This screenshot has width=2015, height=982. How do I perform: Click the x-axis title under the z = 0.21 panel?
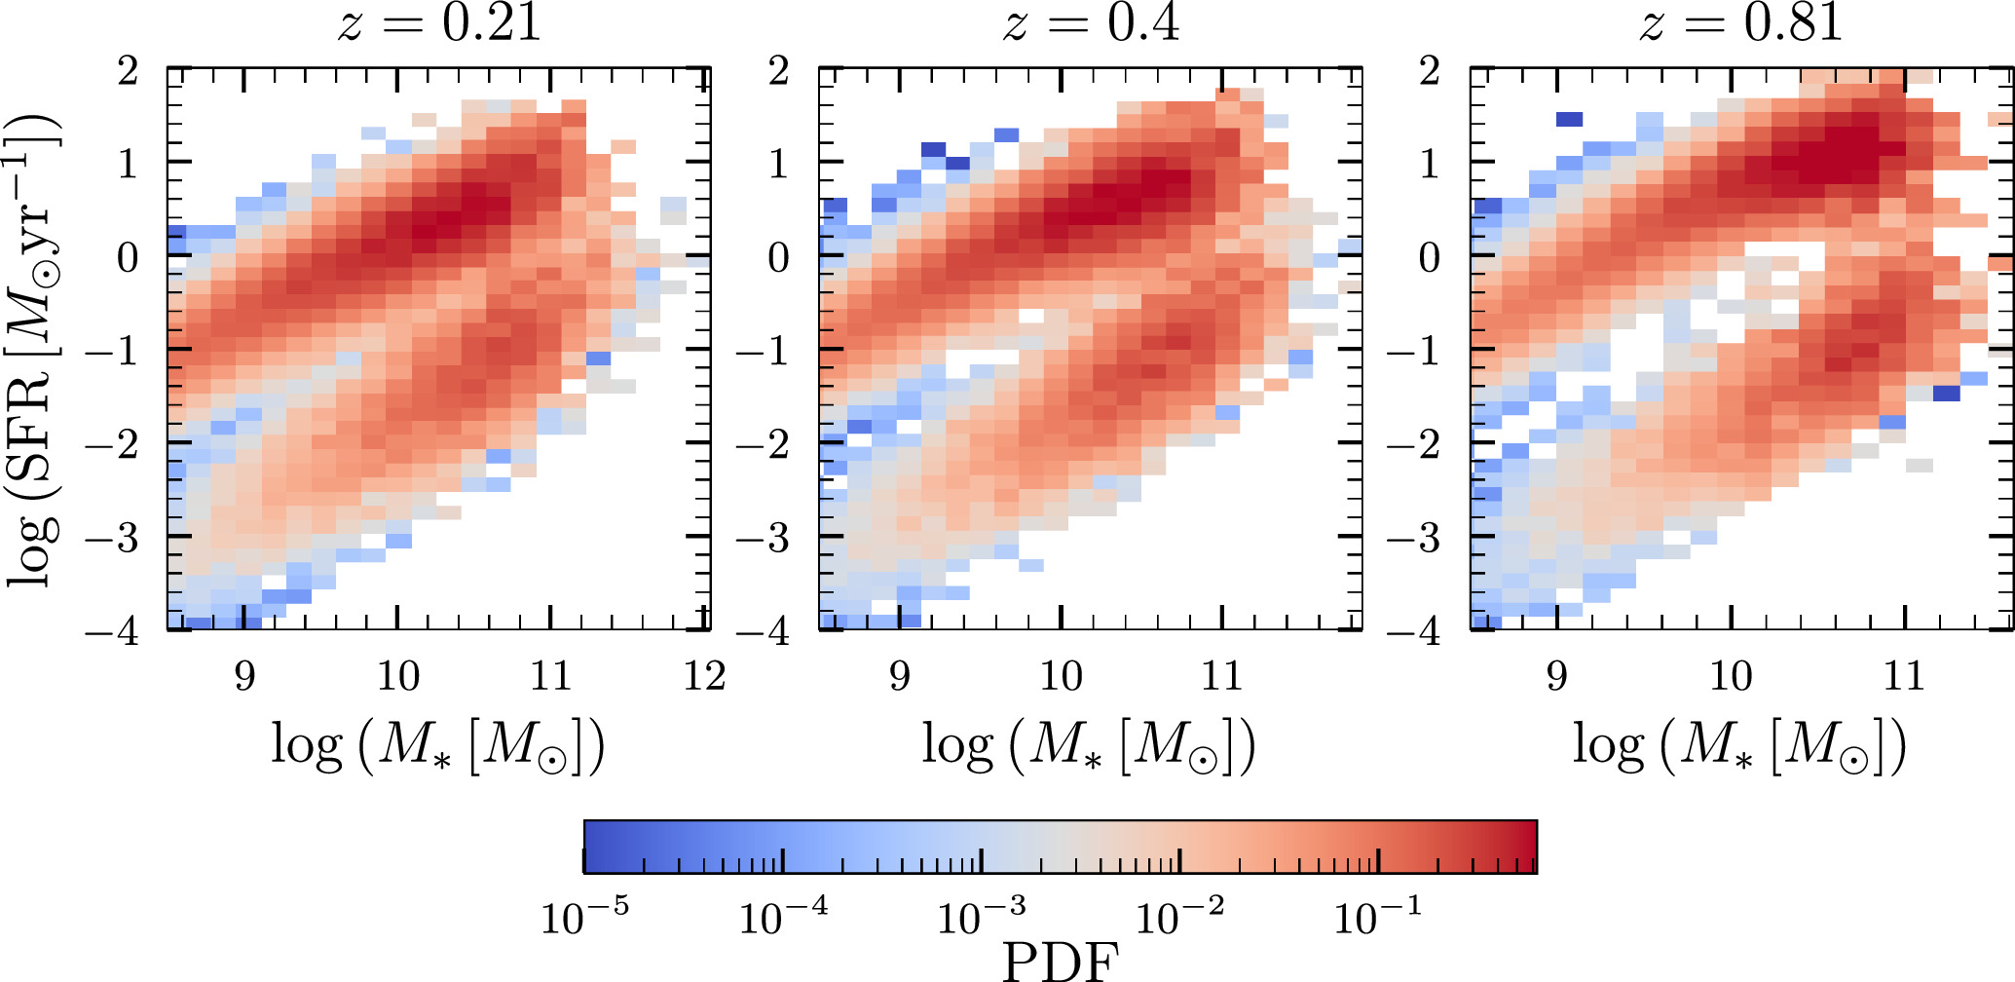click(438, 747)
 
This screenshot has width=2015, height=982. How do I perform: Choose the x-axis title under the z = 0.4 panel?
click(1089, 747)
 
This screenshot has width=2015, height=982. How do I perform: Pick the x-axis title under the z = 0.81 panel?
click(1739, 747)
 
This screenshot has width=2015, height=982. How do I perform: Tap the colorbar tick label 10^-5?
click(584, 916)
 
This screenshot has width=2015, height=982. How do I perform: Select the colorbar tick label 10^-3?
click(981, 916)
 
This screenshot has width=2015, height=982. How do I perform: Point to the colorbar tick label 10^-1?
click(1377, 916)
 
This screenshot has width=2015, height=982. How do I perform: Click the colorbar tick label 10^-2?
click(1179, 916)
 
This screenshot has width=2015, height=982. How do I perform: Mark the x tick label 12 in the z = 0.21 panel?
click(704, 675)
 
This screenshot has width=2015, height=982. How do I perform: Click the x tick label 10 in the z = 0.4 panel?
click(1061, 675)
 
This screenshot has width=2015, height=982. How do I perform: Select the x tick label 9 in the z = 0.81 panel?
click(1557, 675)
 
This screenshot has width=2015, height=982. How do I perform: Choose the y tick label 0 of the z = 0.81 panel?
click(1429, 257)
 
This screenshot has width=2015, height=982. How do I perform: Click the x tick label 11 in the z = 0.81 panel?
click(1904, 675)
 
